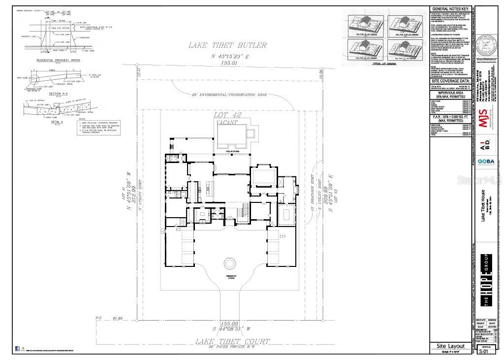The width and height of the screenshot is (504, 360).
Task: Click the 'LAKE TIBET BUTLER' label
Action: click(227, 45)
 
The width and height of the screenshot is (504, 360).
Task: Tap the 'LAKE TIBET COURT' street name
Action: click(232, 341)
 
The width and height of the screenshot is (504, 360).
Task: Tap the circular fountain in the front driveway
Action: click(230, 263)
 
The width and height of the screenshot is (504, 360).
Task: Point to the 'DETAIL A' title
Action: click(57, 122)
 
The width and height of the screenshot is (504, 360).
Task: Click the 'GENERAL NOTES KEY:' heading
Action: click(450, 9)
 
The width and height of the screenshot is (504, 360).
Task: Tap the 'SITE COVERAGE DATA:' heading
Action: click(450, 80)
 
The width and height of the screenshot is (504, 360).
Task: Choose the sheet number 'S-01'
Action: click(486, 352)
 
